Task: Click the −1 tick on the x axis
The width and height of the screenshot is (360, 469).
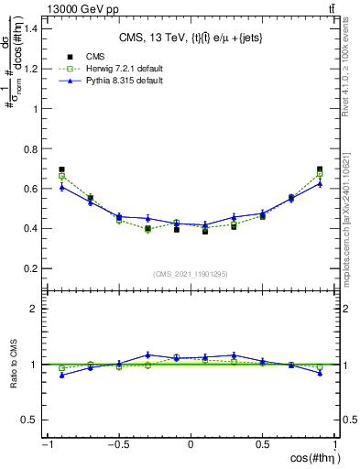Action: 46,445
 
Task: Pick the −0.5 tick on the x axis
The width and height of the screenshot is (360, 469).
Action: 117,445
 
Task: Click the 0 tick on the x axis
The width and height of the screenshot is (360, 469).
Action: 191,445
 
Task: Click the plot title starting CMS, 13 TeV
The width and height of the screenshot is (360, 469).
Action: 191,38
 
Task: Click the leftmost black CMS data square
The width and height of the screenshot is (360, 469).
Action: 61,169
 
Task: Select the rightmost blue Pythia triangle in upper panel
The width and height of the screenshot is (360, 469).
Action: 320,183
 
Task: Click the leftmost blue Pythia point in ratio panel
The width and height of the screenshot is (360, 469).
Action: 61,375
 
